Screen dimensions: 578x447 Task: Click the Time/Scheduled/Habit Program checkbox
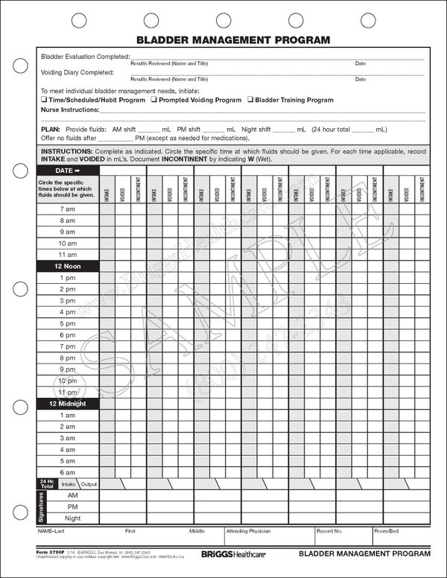[43, 100]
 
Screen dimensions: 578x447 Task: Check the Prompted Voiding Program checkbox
[153, 100]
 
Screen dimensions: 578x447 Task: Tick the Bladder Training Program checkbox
[250, 100]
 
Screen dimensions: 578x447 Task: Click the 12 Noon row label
[67, 266]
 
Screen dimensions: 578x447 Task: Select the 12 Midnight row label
[67, 404]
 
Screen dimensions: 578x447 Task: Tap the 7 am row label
[67, 209]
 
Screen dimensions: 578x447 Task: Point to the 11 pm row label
[67, 393]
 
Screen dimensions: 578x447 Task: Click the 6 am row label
[67, 473]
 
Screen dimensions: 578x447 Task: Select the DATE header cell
[67, 171]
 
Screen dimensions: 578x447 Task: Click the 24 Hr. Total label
[46, 484]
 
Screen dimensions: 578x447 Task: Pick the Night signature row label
[73, 518]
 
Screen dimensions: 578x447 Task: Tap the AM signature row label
[73, 495]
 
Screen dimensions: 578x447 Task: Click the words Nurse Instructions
[69, 109]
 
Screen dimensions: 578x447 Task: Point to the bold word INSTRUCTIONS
[66, 150]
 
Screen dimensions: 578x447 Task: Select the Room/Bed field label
[387, 532]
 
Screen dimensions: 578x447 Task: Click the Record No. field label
[329, 532]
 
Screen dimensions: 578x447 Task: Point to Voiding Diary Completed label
[77, 72]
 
